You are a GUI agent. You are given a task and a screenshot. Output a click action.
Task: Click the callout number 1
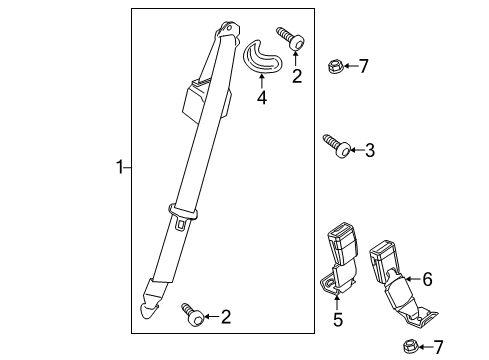pyautogui.click(x=118, y=169)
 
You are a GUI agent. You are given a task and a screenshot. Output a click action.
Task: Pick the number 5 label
pyautogui.click(x=337, y=320)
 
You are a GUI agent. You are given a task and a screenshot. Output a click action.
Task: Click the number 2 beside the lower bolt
pyautogui.click(x=226, y=317)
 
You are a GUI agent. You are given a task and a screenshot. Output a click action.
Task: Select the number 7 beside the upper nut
pyautogui.click(x=363, y=67)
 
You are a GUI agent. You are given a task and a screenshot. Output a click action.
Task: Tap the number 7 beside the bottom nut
pyautogui.click(x=436, y=348)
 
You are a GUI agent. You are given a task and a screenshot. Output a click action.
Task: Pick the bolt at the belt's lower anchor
pyautogui.click(x=191, y=314)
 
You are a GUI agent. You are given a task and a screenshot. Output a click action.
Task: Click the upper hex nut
pyautogui.click(x=335, y=67)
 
